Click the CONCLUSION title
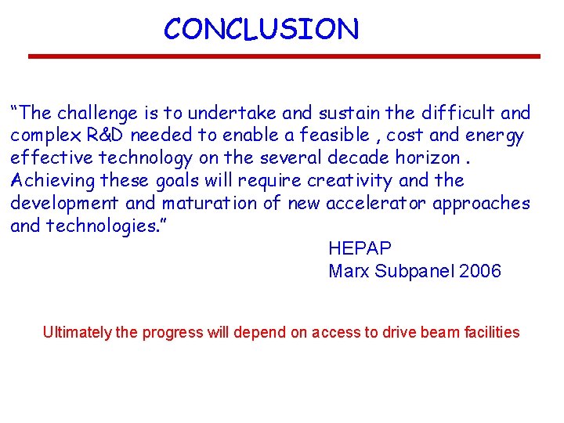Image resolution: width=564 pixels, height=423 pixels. pos(261,29)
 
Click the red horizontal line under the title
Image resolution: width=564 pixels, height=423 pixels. pos(284,56)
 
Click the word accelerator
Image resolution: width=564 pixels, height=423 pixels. pos(372,203)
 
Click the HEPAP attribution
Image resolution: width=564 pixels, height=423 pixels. pos(360,249)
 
